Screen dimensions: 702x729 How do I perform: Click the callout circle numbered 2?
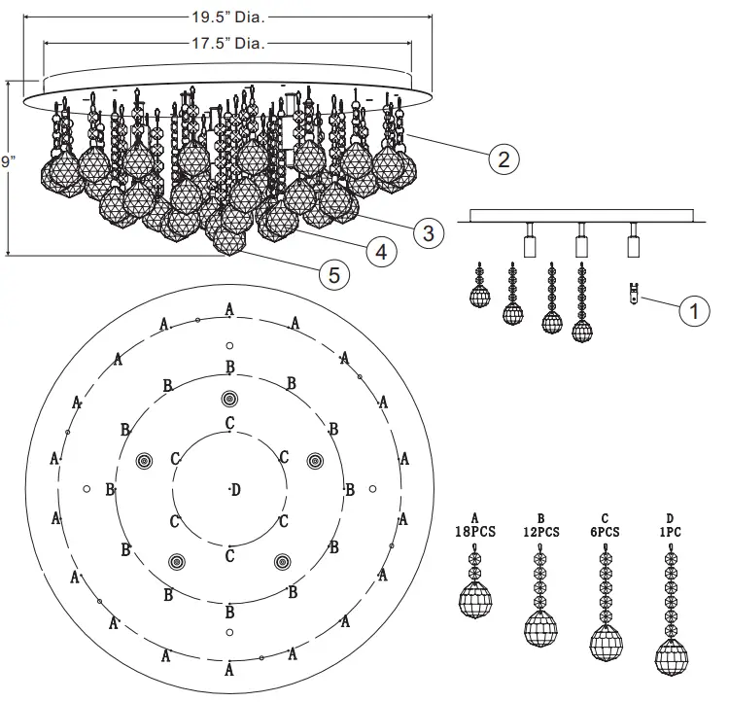click(x=503, y=158)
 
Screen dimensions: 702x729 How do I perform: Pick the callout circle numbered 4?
click(x=381, y=251)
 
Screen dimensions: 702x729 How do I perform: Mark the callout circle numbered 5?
click(x=333, y=275)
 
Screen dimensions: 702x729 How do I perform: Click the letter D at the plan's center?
click(x=235, y=489)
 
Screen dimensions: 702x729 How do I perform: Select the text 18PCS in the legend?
click(x=475, y=532)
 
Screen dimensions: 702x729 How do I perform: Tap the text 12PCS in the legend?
click(x=540, y=532)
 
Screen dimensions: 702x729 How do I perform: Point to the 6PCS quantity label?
click(x=606, y=532)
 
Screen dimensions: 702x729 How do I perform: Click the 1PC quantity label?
click(x=670, y=532)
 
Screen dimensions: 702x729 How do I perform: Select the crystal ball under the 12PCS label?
click(x=540, y=627)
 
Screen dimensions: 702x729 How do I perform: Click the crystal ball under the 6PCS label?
click(x=606, y=643)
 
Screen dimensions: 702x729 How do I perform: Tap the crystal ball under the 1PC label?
click(x=670, y=657)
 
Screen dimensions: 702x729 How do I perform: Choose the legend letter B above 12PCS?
click(x=540, y=518)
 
